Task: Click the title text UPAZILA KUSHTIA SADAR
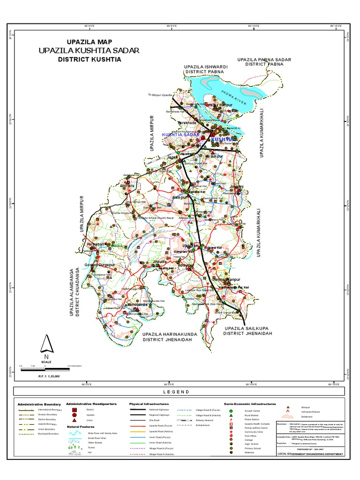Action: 90,50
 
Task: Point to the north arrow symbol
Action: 46,345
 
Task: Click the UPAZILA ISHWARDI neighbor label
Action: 206,67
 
